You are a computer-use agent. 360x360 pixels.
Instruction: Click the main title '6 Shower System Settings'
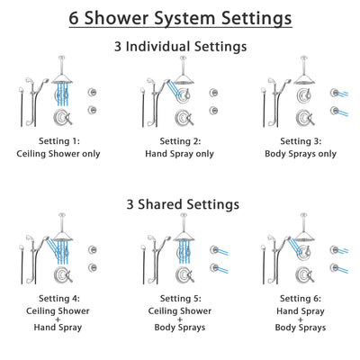pyautogui.click(x=180, y=17)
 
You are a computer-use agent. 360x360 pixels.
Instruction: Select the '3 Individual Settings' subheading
pyautogui.click(x=180, y=46)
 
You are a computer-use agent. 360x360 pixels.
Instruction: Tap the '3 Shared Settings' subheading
pyautogui.click(x=180, y=204)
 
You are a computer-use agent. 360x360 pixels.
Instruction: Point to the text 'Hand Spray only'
pyautogui.click(x=180, y=153)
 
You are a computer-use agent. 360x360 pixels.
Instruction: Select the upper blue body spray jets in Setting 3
pyautogui.click(x=339, y=92)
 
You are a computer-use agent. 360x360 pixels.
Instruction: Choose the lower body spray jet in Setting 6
pyautogui.click(x=339, y=269)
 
